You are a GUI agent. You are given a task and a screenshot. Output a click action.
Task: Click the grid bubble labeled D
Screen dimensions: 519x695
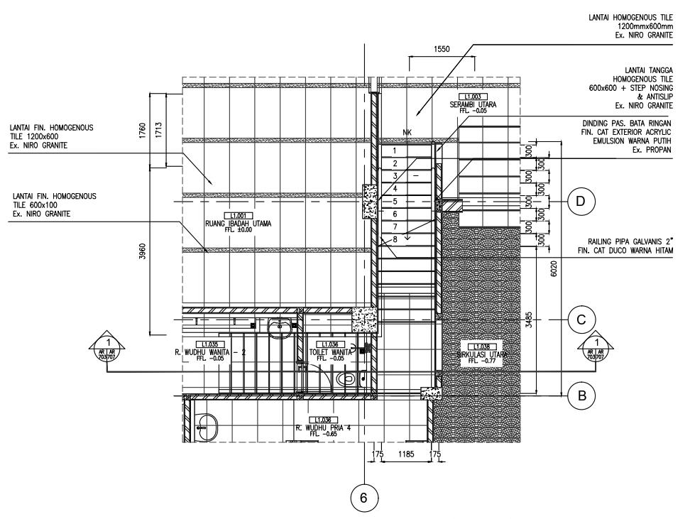(581, 202)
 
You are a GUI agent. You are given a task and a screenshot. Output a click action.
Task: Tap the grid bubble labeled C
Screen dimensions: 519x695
(581, 320)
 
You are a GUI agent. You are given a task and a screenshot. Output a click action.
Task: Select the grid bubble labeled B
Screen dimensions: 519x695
(581, 396)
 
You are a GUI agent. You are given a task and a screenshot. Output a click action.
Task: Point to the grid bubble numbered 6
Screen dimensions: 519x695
(364, 498)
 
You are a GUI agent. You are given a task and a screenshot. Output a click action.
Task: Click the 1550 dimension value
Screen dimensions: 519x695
(441, 49)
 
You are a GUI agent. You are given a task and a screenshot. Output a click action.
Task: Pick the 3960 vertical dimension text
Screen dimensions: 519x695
(143, 251)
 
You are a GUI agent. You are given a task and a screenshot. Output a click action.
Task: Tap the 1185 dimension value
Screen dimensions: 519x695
(406, 453)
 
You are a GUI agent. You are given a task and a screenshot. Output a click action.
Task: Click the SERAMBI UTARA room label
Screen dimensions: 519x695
(473, 104)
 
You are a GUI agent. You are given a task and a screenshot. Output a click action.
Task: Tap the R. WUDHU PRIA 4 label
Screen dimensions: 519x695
(324, 427)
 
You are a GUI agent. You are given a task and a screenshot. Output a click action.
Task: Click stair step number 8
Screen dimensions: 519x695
(395, 239)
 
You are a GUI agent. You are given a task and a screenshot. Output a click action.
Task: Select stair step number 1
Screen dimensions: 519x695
(395, 151)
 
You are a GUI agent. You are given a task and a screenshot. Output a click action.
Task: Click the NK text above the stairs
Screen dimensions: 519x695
(407, 132)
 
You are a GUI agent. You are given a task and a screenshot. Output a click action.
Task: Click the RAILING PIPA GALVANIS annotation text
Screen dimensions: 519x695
(624, 246)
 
